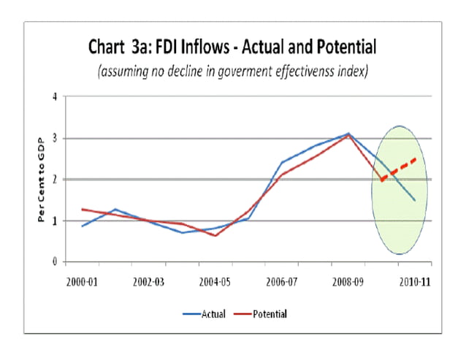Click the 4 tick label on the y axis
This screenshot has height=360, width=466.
tap(54, 97)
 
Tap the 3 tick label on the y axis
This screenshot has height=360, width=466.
tap(54, 138)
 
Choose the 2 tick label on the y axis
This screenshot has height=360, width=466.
tap(54, 179)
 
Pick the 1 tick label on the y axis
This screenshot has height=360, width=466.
tap(54, 221)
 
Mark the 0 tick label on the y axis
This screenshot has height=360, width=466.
tap(54, 261)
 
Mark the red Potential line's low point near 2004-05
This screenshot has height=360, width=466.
tap(215, 235)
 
